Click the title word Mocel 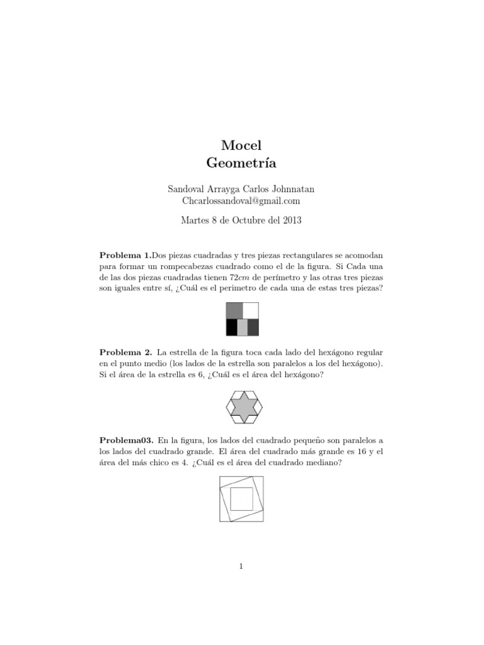pos(241,145)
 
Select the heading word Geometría pos(241,163)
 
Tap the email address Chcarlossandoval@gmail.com pos(241,201)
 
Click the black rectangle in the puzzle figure pos(232,328)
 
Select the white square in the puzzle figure pos(251,311)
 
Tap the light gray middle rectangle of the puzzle pos(242,328)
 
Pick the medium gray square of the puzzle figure pos(234,311)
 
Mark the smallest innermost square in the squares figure pos(241,499)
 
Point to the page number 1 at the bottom pos(241,566)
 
